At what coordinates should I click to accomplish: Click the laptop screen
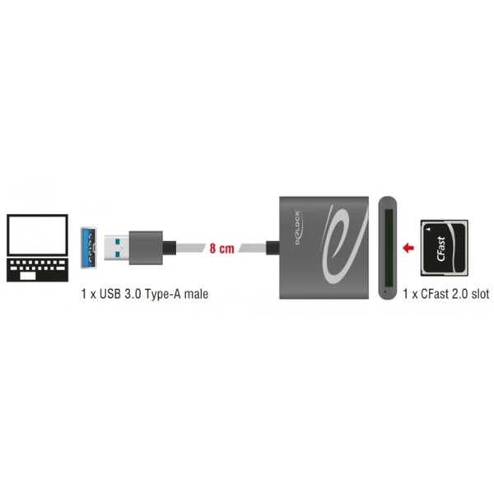coord(37,235)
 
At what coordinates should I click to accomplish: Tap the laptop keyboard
coord(37,270)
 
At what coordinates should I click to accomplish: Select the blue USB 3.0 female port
coord(89,247)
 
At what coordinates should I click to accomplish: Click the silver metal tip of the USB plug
coord(116,248)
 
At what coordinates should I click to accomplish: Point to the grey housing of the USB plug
coord(146,248)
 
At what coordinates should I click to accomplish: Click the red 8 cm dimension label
coord(222,249)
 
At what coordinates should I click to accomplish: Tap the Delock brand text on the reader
coord(298,228)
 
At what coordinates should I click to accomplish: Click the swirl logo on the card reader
coord(343,245)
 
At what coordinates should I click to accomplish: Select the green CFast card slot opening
coord(389,248)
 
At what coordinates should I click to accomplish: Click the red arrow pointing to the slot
coord(408,248)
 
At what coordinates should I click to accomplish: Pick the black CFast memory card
coord(445,248)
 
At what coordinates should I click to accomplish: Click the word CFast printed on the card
coord(441,249)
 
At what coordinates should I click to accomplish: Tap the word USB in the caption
coord(110,294)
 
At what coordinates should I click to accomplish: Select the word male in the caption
coord(196,294)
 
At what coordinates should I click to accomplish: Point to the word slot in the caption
coord(480,294)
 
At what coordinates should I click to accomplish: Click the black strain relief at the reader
coord(273,248)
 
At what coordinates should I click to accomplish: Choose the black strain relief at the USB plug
coord(170,248)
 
